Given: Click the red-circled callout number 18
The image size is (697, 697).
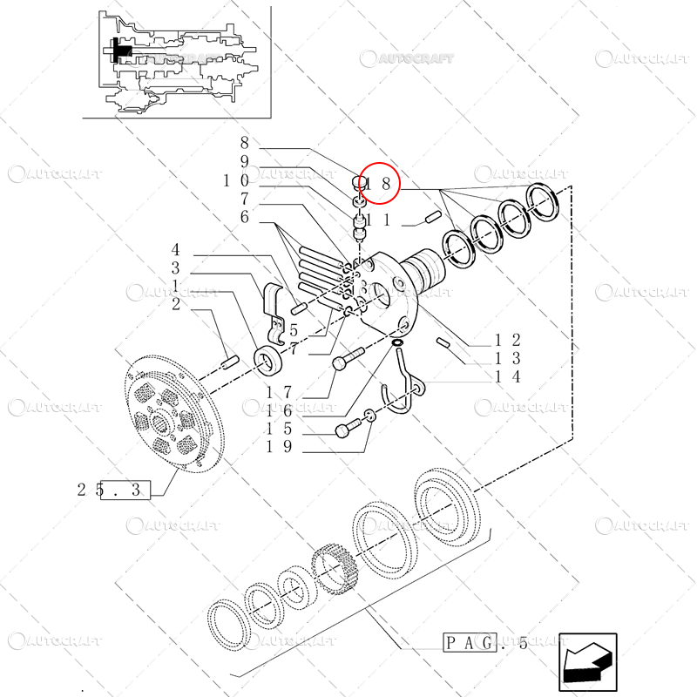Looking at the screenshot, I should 379,185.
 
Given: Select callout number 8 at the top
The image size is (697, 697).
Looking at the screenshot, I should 245,143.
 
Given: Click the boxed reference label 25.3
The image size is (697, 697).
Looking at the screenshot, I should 121,491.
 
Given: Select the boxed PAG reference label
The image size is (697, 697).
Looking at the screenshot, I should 470,644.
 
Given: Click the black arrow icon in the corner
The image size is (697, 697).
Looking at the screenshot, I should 587,660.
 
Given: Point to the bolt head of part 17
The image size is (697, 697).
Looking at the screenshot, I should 342,362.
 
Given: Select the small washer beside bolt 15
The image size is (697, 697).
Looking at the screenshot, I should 369,416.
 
